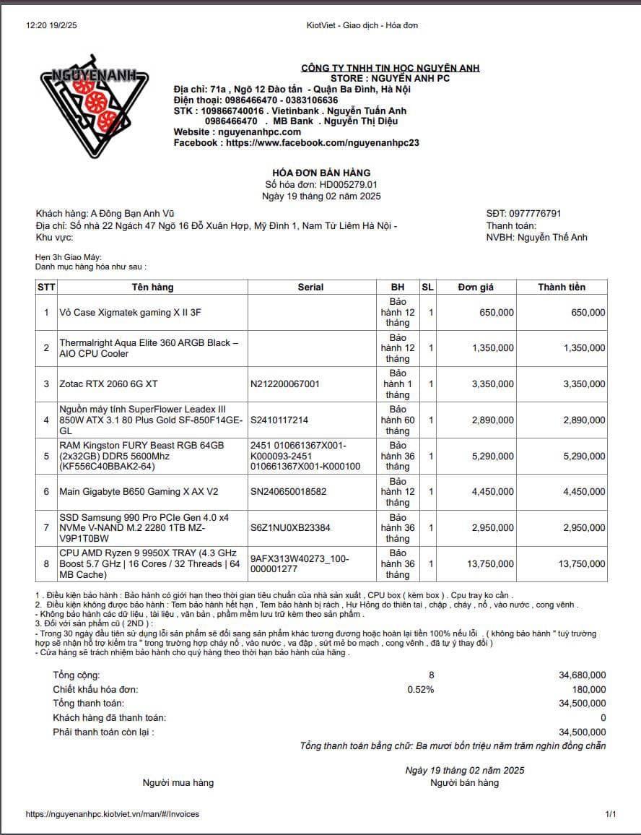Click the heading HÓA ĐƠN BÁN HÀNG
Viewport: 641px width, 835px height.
(321, 173)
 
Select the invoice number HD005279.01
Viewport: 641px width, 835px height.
(349, 185)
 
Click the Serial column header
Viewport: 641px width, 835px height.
(310, 287)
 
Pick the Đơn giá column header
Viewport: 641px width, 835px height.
(476, 287)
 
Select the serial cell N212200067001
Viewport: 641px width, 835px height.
(285, 384)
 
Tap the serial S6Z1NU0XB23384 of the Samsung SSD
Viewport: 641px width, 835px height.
(290, 527)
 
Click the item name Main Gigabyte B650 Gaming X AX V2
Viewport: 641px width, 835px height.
(139, 492)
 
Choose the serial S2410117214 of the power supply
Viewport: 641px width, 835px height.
(279, 420)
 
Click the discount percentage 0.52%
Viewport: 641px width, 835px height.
(421, 689)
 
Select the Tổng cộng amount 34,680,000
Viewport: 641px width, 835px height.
(582, 675)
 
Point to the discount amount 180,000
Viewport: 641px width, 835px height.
(590, 689)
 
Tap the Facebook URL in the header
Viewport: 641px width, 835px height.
(322, 143)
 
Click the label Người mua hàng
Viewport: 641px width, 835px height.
(178, 782)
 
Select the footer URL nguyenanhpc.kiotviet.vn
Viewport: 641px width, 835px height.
(112, 814)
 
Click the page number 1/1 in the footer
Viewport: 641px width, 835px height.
(611, 814)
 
